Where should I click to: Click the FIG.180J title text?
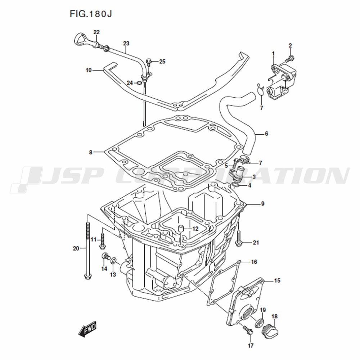(91, 14)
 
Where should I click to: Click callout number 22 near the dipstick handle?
(96, 32)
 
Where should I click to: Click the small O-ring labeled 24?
(139, 83)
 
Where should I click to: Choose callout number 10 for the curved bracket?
(89, 70)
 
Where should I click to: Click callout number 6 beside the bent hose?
(266, 134)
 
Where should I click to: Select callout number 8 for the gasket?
(91, 152)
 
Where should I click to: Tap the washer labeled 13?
(113, 261)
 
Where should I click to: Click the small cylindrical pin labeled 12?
(181, 229)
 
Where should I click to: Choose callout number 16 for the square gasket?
(254, 262)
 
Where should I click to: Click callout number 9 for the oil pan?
(263, 204)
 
